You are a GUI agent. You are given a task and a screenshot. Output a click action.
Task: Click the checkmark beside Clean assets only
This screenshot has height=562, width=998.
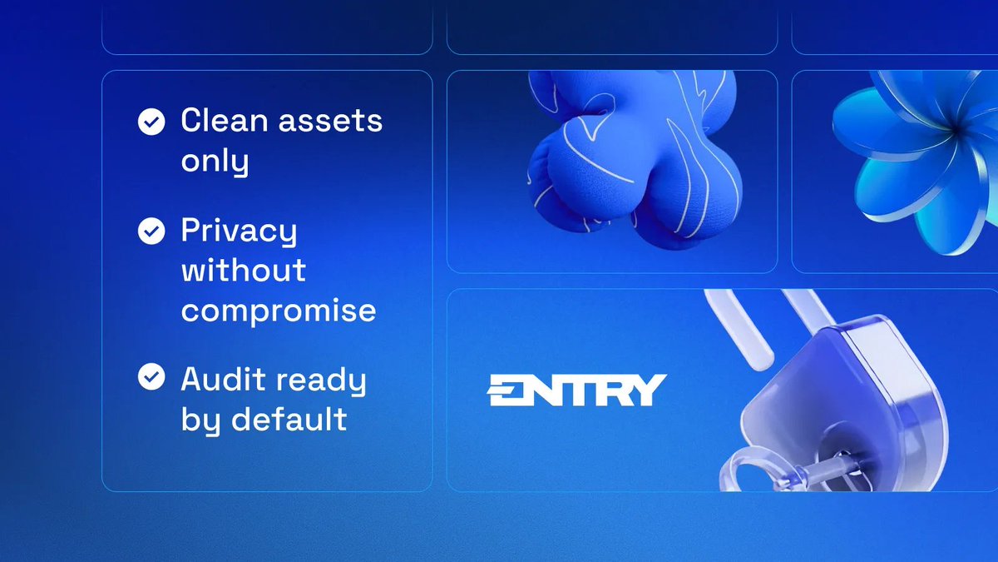[x=151, y=123]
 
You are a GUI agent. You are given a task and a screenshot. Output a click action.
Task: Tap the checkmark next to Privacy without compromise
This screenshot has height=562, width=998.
[x=151, y=231]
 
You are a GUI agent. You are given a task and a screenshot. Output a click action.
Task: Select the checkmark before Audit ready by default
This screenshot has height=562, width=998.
[x=151, y=377]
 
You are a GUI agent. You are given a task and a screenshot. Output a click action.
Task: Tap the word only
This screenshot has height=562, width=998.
[x=215, y=162]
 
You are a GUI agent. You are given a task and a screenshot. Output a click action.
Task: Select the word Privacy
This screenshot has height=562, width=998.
[x=239, y=231]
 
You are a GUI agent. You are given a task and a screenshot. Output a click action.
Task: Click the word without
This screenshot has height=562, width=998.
[x=244, y=270]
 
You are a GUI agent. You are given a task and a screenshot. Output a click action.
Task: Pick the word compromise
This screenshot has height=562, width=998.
[x=279, y=311]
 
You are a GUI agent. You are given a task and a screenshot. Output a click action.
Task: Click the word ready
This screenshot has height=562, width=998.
[x=321, y=381]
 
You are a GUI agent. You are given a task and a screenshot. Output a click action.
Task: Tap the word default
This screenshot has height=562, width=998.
[x=288, y=419]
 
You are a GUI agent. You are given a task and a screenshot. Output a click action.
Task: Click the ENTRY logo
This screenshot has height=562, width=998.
[x=576, y=390]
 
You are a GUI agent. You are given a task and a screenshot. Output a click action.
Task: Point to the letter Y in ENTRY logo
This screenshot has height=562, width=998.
[x=648, y=390]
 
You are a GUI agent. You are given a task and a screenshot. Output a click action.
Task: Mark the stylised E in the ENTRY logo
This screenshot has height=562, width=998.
[x=505, y=390]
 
